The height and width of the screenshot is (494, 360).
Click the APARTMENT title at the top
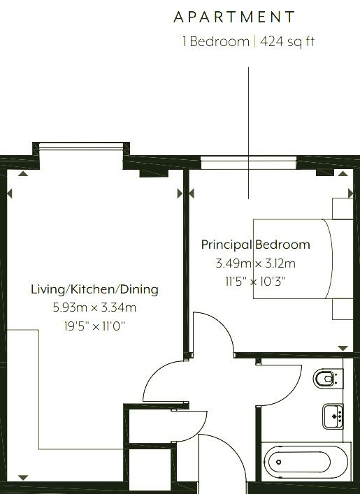(x=234, y=17)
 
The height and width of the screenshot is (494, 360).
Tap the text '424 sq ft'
(x=287, y=42)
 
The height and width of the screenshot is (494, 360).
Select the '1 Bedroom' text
(x=216, y=42)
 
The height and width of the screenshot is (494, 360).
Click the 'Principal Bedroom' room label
(x=255, y=245)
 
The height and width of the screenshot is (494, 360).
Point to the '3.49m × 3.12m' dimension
(x=255, y=263)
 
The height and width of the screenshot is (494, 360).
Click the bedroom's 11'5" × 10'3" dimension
(x=255, y=281)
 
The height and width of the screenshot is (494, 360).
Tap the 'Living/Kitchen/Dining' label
(x=94, y=289)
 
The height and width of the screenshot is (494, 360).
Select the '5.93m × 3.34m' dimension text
(x=94, y=307)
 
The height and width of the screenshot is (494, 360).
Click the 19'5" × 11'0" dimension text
(x=94, y=326)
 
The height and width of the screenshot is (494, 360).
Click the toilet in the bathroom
(x=328, y=379)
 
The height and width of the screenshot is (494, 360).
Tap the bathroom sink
(x=333, y=416)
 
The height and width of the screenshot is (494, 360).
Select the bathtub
(x=305, y=462)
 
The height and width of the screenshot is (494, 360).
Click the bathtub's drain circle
(x=279, y=462)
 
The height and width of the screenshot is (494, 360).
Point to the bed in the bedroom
(x=303, y=259)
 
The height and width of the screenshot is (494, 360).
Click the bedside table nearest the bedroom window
(x=343, y=208)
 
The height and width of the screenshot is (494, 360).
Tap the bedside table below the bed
(x=343, y=309)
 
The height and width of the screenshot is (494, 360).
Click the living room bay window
(x=81, y=146)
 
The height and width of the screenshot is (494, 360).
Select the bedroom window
(x=249, y=163)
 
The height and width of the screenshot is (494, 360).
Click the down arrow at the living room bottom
(x=23, y=478)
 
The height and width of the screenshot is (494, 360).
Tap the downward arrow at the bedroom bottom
(x=343, y=348)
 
